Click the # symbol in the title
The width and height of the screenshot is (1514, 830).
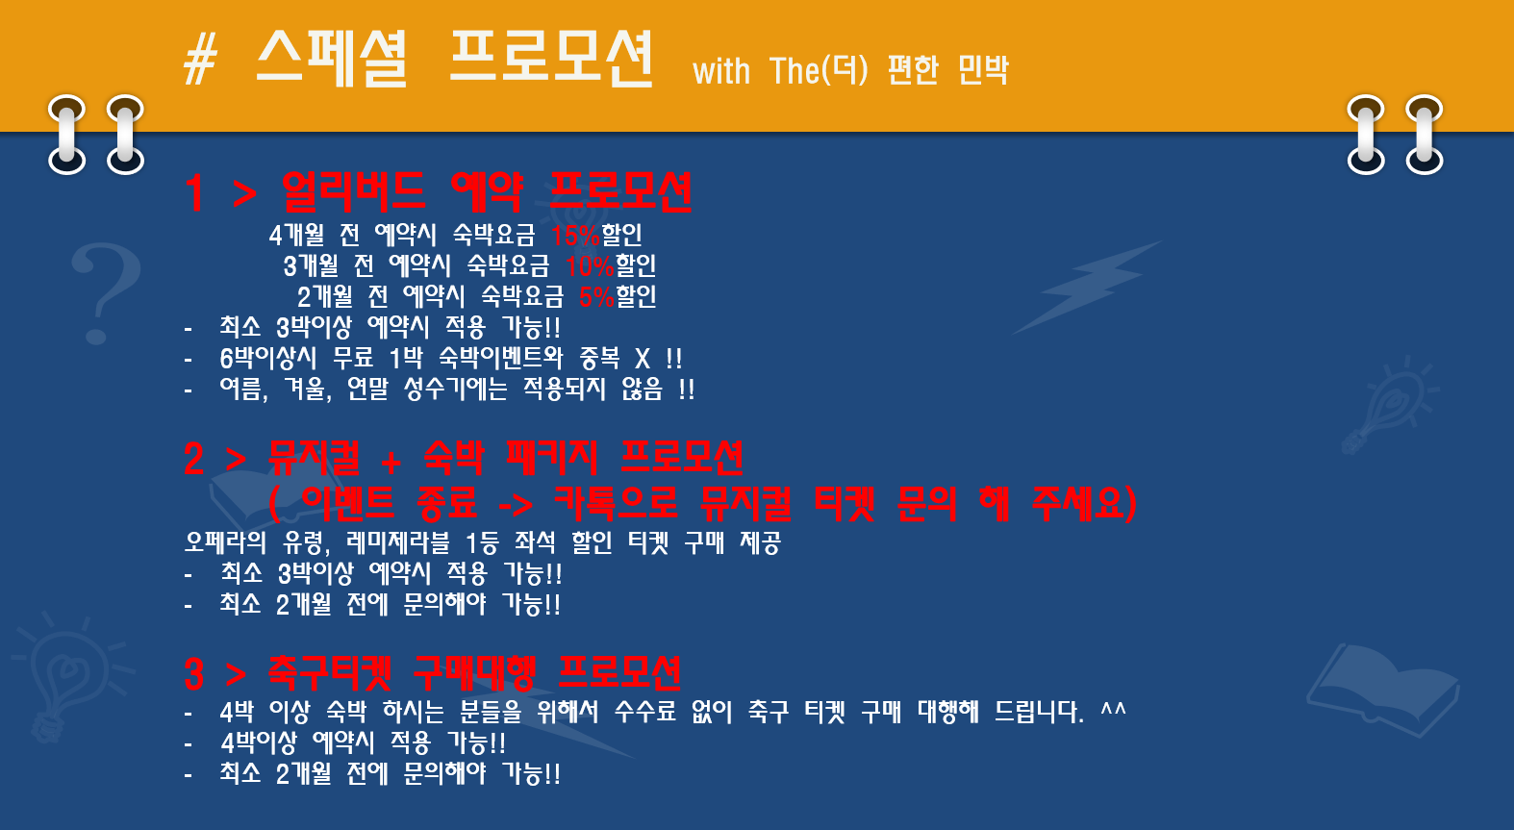click(x=201, y=61)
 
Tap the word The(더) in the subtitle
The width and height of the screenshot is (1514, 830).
click(x=819, y=70)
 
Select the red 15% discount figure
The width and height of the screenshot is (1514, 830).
click(x=575, y=236)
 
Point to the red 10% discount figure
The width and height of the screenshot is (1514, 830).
click(x=590, y=266)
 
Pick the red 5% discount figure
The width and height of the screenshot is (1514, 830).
click(x=596, y=297)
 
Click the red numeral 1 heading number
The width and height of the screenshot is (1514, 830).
click(x=194, y=193)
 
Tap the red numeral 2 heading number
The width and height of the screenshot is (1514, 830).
click(x=194, y=460)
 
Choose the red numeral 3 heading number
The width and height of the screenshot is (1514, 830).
click(x=194, y=674)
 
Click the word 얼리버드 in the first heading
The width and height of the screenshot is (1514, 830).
click(x=353, y=192)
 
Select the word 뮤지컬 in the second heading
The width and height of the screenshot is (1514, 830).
click(x=314, y=458)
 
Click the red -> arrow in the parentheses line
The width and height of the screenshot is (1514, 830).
click(x=515, y=505)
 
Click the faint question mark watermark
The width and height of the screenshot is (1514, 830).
click(x=105, y=293)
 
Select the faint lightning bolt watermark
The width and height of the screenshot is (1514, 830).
click(x=1087, y=287)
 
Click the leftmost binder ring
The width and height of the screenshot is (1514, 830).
click(x=67, y=135)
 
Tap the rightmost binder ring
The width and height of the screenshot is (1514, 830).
click(x=1425, y=135)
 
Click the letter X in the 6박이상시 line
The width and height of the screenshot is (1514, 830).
click(x=643, y=358)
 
